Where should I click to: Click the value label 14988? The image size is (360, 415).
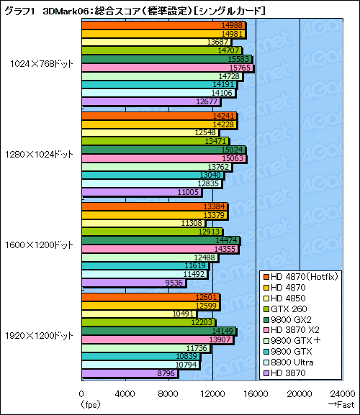click(234, 25)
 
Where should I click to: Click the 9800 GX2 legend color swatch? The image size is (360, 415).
click(266, 319)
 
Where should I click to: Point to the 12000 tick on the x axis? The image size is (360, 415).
click(212, 393)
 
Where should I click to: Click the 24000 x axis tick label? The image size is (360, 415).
click(343, 393)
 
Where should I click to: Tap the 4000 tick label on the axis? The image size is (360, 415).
click(125, 393)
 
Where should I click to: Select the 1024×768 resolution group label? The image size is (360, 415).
click(42, 63)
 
